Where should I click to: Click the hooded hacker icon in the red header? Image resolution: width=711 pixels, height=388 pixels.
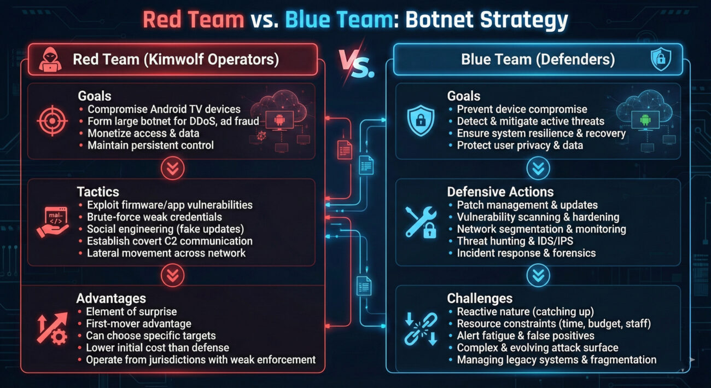pyautogui.click(x=50, y=59)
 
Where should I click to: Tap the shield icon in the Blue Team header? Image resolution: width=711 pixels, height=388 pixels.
pyautogui.click(x=661, y=59)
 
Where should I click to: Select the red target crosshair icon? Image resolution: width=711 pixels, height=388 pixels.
pyautogui.click(x=53, y=120)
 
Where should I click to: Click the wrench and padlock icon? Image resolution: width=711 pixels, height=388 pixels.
pyautogui.click(x=421, y=222)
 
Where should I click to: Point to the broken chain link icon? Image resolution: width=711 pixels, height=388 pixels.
pyautogui.click(x=421, y=329)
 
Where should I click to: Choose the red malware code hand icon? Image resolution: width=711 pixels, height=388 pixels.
pyautogui.click(x=53, y=222)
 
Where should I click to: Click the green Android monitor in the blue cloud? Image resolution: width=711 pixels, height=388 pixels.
pyautogui.click(x=645, y=120)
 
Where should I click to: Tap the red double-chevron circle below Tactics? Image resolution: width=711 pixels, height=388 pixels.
pyautogui.click(x=173, y=275)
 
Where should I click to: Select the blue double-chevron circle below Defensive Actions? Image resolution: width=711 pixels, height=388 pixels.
pyautogui.click(x=538, y=275)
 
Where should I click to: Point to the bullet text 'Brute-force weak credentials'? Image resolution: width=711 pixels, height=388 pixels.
pyautogui.click(x=155, y=217)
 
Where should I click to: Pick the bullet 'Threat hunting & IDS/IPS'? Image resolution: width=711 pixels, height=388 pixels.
pyautogui.click(x=515, y=241)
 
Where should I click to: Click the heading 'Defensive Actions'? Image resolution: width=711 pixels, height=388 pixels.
pyautogui.click(x=500, y=192)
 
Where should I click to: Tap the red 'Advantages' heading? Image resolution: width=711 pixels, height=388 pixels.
pyautogui.click(x=111, y=298)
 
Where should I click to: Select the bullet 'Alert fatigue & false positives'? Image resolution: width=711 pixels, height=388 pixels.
pyautogui.click(x=526, y=335)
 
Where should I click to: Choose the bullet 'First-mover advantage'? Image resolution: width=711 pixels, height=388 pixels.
pyautogui.click(x=139, y=323)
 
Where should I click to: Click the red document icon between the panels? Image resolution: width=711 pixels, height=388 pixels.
pyautogui.click(x=345, y=149)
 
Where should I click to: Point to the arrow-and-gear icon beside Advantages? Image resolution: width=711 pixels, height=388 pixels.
pyautogui.click(x=53, y=329)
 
